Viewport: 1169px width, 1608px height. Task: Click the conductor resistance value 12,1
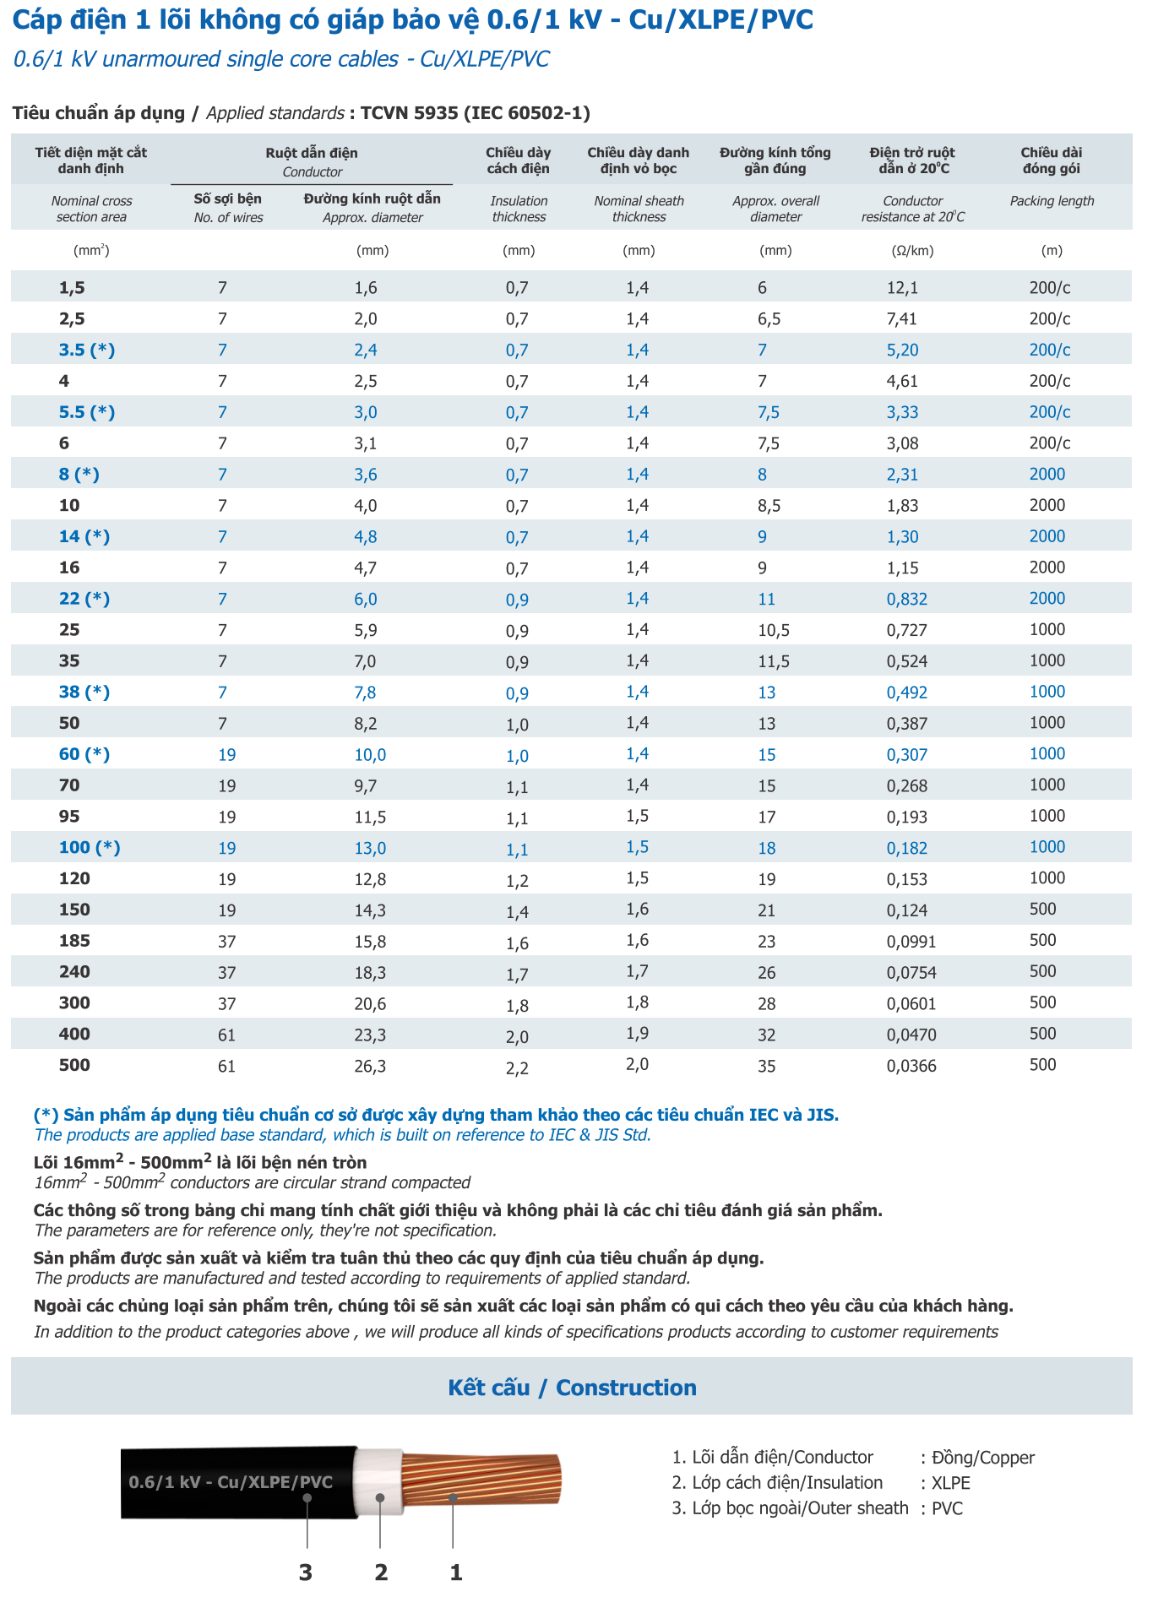tap(901, 288)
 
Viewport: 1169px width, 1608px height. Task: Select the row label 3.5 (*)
tap(86, 350)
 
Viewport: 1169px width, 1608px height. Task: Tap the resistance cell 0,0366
tap(911, 1066)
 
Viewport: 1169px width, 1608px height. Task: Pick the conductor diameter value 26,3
tap(370, 1066)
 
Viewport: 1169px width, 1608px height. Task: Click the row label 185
tap(74, 941)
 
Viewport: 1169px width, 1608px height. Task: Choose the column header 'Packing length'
tap(1052, 201)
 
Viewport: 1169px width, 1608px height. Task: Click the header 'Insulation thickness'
tap(519, 209)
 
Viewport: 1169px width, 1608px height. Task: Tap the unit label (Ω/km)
tap(912, 251)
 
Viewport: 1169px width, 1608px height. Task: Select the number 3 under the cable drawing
tap(306, 1573)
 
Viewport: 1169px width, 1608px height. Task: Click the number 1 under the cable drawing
tap(456, 1573)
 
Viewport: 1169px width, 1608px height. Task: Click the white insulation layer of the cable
tap(378, 1482)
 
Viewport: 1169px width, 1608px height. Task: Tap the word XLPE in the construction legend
tap(950, 1483)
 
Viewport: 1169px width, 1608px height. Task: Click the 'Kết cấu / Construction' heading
tap(572, 1388)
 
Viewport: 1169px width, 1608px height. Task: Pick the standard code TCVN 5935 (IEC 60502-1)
tap(475, 113)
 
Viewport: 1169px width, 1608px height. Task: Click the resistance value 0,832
tap(906, 600)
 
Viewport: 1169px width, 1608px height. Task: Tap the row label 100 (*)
tap(90, 848)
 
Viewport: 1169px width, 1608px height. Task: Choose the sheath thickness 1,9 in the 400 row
tap(637, 1034)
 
